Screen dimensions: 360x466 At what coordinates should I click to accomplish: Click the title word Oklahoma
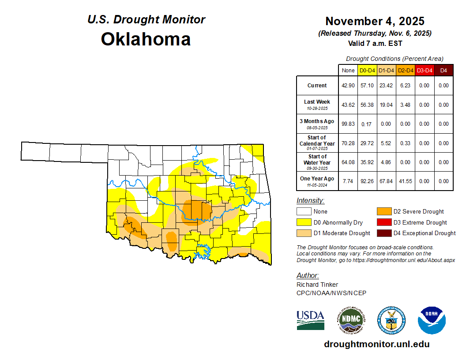146,39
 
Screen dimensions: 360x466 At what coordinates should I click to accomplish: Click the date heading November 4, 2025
375,21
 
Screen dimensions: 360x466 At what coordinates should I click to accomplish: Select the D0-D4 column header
367,70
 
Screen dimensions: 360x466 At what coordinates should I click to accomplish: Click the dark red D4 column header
443,70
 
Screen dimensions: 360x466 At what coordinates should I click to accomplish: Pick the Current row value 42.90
348,86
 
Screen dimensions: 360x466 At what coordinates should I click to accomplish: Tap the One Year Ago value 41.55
405,181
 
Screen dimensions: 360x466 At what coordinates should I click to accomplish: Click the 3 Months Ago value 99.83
348,124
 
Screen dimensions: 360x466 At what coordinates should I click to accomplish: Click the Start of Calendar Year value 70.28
348,143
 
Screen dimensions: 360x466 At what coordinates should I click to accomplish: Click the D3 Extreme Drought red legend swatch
384,222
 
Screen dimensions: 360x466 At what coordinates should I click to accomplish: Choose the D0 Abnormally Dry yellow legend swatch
304,222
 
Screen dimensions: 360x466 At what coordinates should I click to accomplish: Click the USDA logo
310,319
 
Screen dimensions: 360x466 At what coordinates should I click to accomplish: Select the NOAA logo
432,319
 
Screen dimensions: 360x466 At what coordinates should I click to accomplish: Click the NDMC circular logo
350,319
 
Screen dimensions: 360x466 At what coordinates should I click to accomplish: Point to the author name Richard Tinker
317,285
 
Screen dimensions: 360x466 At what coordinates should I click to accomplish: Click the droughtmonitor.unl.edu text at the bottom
376,344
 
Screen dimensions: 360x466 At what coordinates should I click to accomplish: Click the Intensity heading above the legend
310,201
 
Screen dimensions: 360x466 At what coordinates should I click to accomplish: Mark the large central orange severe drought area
194,211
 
